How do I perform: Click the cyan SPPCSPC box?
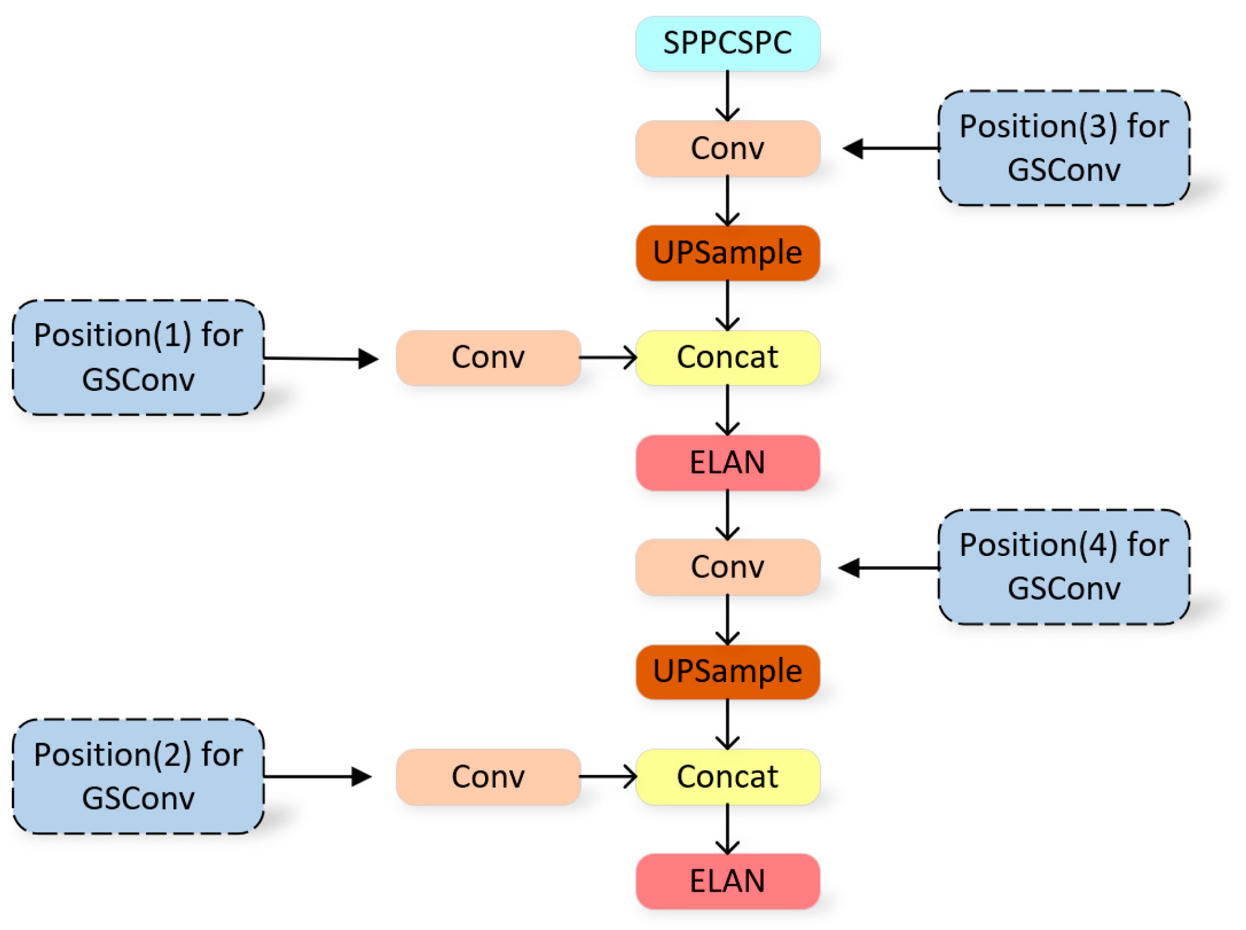(x=727, y=43)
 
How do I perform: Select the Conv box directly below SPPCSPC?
(x=727, y=148)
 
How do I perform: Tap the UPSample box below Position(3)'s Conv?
(x=727, y=253)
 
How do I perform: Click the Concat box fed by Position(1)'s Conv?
(x=727, y=357)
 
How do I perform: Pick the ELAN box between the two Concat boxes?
(x=727, y=462)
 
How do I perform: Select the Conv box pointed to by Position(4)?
(x=727, y=567)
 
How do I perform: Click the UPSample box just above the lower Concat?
(x=727, y=671)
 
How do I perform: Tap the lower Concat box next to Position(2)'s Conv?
(x=727, y=776)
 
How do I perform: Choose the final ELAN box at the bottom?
(x=727, y=881)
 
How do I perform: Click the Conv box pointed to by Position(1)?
(x=488, y=357)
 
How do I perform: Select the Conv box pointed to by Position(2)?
(x=488, y=776)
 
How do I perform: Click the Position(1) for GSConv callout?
(x=138, y=357)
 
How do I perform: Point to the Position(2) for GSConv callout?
(x=138, y=776)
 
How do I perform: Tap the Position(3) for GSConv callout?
(x=1063, y=148)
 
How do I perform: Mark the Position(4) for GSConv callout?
(x=1063, y=567)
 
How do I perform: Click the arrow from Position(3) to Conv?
(x=892, y=148)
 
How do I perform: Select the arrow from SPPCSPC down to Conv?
(x=727, y=96)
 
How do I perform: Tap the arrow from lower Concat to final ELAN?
(x=727, y=829)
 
